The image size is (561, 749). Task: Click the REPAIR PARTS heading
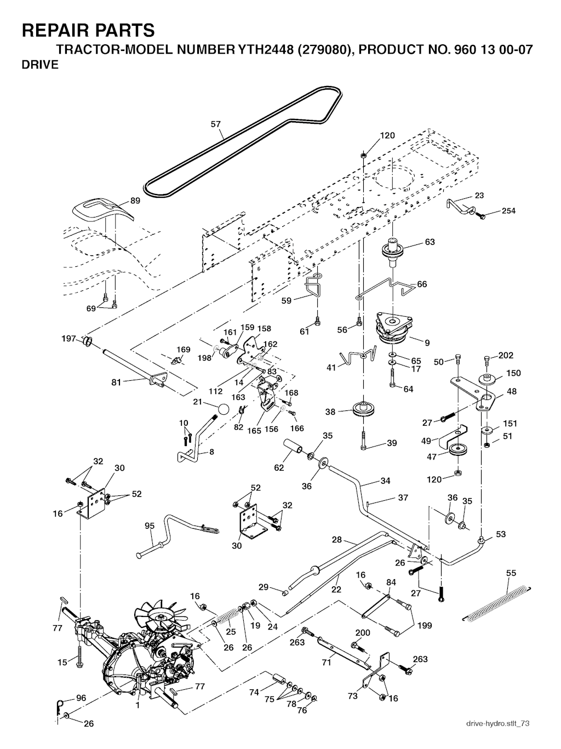pyautogui.click(x=88, y=30)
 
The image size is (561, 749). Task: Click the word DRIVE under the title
pyautogui.click(x=40, y=65)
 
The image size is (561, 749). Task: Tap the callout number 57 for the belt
pyautogui.click(x=216, y=124)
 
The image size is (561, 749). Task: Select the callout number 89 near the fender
pyautogui.click(x=135, y=201)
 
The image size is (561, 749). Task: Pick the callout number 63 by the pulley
pyautogui.click(x=430, y=242)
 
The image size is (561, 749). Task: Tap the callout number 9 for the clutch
pyautogui.click(x=427, y=343)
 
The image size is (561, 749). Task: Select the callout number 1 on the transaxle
pyautogui.click(x=138, y=706)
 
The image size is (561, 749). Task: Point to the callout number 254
pyautogui.click(x=508, y=211)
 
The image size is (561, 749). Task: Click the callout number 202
pyautogui.click(x=506, y=356)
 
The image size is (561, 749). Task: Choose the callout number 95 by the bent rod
pyautogui.click(x=150, y=526)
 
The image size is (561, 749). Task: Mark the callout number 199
pyautogui.click(x=424, y=625)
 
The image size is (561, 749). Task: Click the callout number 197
pyautogui.click(x=68, y=339)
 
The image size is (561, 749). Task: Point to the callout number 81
pyautogui.click(x=116, y=382)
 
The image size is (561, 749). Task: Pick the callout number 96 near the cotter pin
pyautogui.click(x=81, y=698)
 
